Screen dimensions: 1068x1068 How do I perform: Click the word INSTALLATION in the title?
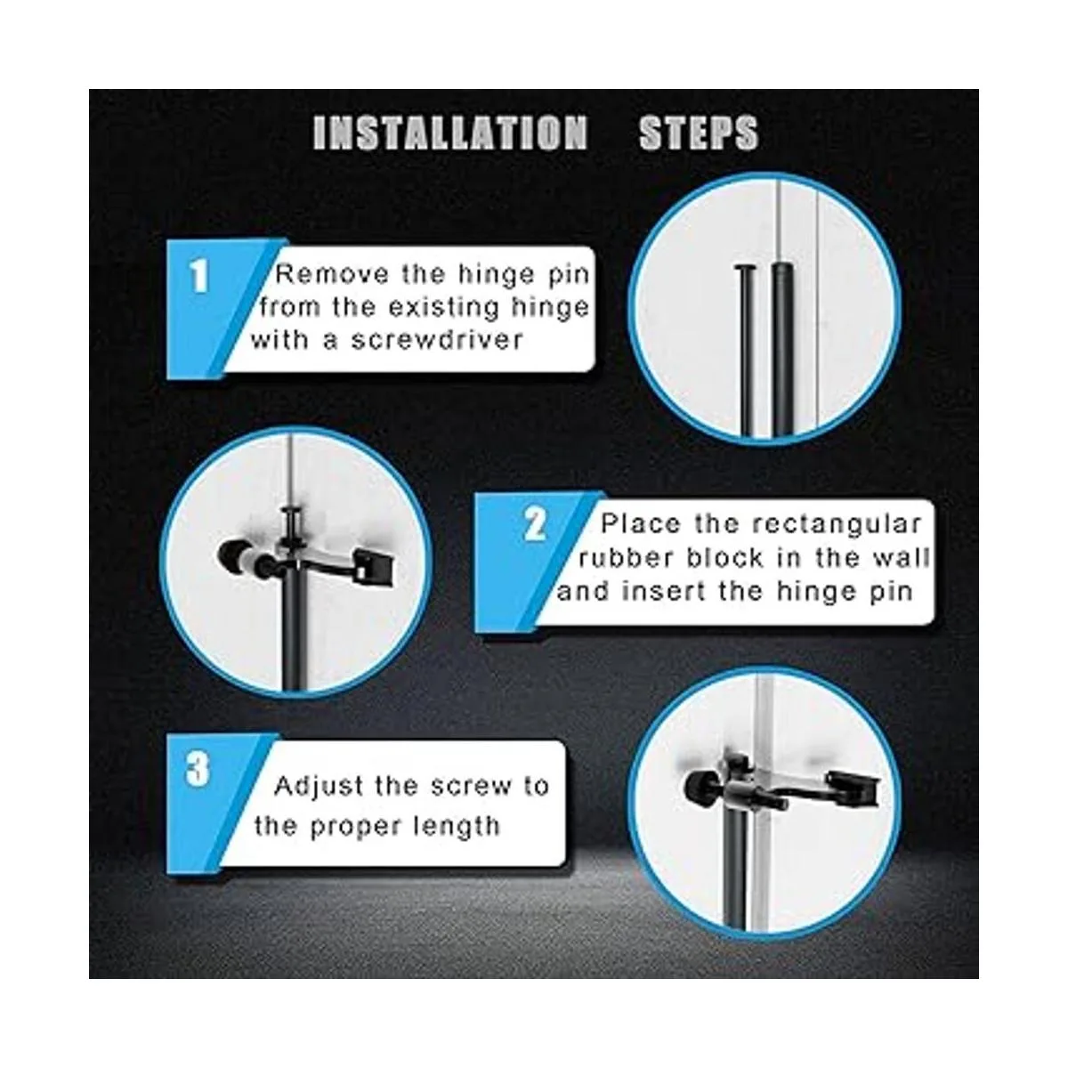(x=449, y=133)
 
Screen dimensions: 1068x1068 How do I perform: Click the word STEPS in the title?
(x=699, y=133)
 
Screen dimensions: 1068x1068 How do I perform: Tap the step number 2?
(x=535, y=524)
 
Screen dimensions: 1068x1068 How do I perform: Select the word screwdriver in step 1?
(x=438, y=340)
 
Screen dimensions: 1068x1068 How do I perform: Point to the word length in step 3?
(x=457, y=828)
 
